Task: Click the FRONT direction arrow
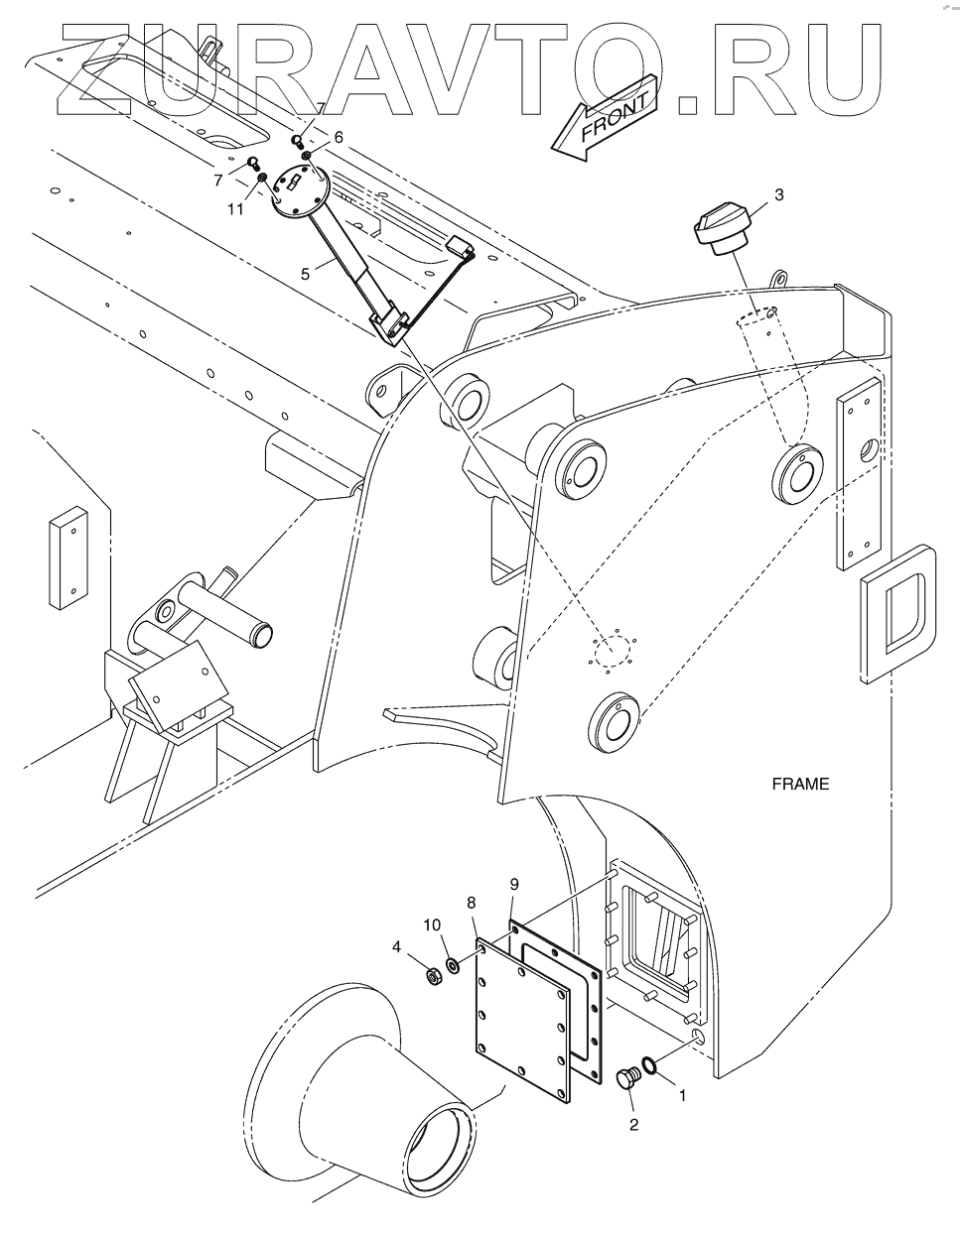coord(606,117)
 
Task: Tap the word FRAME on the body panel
coord(800,785)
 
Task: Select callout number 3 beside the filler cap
coord(779,194)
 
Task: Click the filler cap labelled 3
coord(722,230)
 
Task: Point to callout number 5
coord(306,275)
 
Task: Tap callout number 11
coord(235,209)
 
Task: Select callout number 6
coord(339,137)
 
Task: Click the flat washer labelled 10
coord(454,964)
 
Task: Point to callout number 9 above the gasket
coord(514,885)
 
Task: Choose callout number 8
coord(472,903)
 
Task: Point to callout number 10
coord(432,925)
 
